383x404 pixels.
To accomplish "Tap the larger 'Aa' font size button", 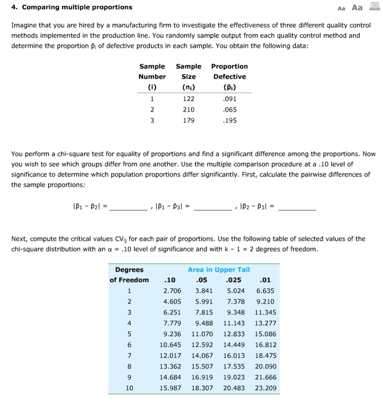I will tap(357, 7).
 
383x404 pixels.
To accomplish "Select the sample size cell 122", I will tap(189, 99).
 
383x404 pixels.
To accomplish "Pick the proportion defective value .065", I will tap(229, 110).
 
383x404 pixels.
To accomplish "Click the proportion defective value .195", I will tap(229, 120).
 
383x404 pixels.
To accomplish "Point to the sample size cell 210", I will tap(189, 110).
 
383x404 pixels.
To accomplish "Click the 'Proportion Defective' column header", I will tap(229, 71).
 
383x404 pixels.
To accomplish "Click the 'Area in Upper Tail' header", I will tap(219, 270).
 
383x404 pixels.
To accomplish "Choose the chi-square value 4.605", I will tap(172, 302).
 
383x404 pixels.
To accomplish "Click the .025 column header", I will tap(233, 281).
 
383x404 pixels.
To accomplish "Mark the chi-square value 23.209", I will tap(266, 388).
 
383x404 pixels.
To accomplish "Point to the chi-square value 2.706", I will tap(172, 291).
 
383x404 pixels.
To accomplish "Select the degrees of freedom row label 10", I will tap(129, 388).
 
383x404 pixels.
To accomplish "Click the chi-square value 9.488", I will tap(204, 324).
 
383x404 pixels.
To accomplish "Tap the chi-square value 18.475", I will tap(266, 356).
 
